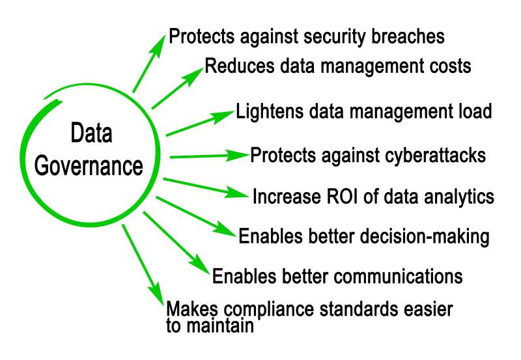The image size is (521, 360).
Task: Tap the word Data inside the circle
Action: pyautogui.click(x=91, y=135)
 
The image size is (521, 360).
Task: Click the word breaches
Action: pyautogui.click(x=404, y=36)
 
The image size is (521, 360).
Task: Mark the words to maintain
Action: pyautogui.click(x=209, y=326)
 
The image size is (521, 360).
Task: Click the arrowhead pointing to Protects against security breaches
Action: pyautogui.click(x=160, y=41)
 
